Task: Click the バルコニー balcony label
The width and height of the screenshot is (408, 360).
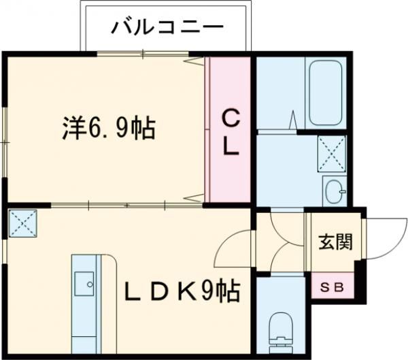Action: point(167,27)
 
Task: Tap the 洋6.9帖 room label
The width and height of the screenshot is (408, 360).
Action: point(109,128)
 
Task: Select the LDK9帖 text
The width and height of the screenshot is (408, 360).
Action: point(182,291)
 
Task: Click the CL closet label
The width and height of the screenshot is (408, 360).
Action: point(231,132)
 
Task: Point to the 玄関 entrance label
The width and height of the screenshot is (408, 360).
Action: point(335,242)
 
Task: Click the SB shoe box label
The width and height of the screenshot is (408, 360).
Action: point(332,287)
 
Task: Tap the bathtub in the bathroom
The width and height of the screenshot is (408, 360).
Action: point(325,93)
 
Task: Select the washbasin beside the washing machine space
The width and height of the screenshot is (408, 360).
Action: point(335,191)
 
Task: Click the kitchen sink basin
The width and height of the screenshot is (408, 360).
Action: point(84,283)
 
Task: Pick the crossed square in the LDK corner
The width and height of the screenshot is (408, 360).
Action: point(22,223)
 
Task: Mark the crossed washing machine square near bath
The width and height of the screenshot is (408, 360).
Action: point(332,154)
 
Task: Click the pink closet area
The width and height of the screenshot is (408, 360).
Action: point(230,129)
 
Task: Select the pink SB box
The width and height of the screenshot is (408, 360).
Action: point(333,286)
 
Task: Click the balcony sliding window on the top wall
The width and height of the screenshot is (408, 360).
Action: point(143,54)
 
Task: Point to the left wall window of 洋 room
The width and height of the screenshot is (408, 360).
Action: point(5,142)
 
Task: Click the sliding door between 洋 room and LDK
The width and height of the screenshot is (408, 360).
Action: point(126,205)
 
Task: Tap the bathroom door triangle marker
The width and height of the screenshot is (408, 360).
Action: point(293,119)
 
